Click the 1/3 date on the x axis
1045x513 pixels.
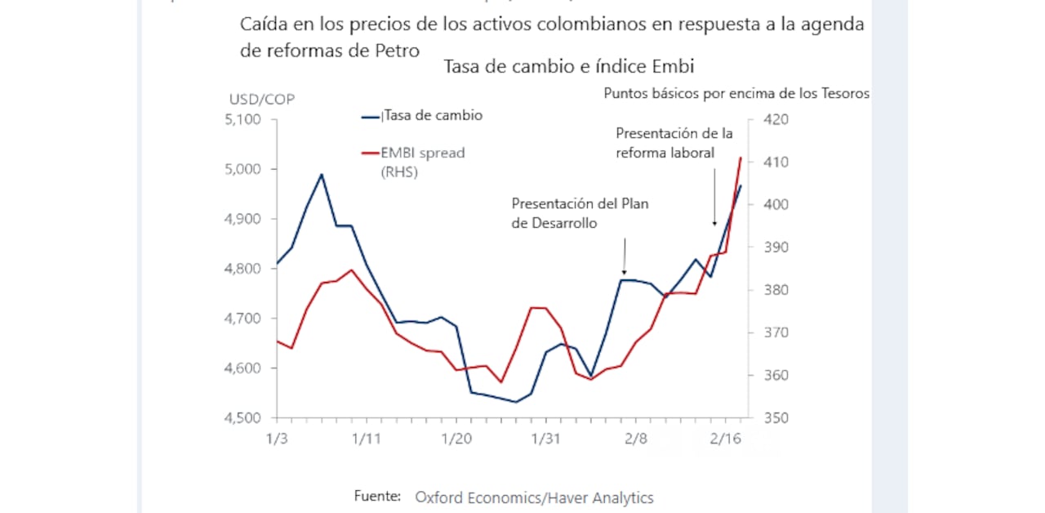tap(277, 439)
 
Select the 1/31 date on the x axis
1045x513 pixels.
tap(545, 439)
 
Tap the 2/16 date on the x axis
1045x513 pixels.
tap(725, 439)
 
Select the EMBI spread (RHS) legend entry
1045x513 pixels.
tap(422, 162)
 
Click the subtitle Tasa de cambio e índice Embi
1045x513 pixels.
tap(568, 67)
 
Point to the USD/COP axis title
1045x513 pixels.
tap(261, 100)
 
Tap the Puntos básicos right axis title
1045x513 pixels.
tap(736, 93)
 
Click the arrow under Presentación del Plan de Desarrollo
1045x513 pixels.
tap(625, 256)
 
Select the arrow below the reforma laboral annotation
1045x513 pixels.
tap(715, 196)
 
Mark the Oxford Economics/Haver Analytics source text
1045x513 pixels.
tap(534, 497)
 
